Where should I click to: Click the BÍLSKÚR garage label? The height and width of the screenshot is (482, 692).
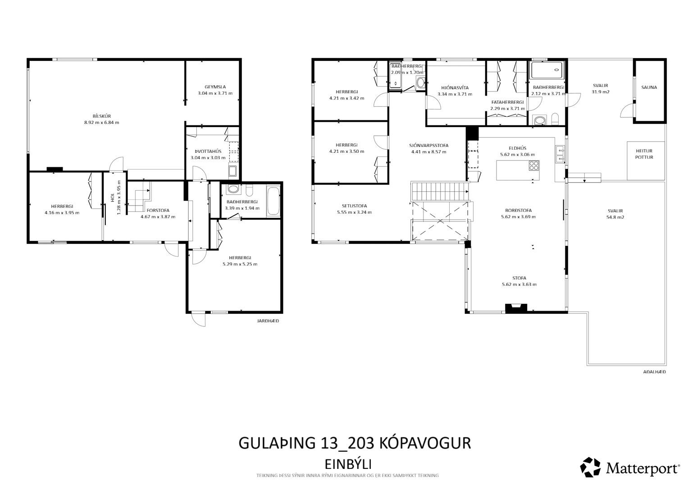click(x=102, y=116)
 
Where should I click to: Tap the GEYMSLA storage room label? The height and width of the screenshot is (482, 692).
click(x=215, y=87)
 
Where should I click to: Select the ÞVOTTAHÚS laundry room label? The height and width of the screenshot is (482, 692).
click(x=208, y=151)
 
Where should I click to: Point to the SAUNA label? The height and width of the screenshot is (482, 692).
click(x=649, y=87)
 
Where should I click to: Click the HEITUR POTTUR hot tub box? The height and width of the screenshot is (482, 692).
click(x=645, y=161)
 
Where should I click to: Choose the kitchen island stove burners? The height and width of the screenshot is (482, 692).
click(x=534, y=166)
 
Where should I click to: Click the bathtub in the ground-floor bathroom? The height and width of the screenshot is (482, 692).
click(x=273, y=201)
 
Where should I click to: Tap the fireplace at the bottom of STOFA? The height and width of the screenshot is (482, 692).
click(x=515, y=308)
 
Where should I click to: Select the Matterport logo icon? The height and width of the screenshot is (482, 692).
click(x=590, y=467)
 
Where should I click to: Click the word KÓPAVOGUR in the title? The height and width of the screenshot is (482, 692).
click(x=425, y=443)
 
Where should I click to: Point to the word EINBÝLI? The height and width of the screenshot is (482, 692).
click(x=348, y=464)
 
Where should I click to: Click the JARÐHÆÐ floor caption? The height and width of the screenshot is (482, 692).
click(x=268, y=321)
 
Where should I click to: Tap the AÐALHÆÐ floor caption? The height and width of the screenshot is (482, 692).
click(x=654, y=372)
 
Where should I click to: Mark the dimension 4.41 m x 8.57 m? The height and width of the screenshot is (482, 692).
click(x=429, y=152)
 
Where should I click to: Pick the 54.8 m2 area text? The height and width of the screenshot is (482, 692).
click(x=615, y=217)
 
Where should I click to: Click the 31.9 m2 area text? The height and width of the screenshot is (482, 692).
click(x=601, y=92)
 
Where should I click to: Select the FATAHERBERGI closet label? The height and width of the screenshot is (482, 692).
click(x=508, y=102)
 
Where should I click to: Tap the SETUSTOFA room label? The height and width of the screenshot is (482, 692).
click(x=355, y=206)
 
